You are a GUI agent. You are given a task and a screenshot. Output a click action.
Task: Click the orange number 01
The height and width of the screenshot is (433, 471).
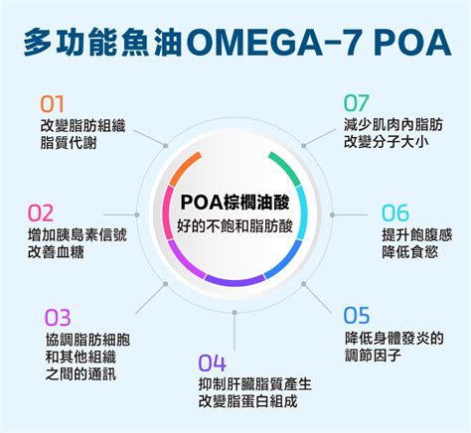click(52, 104)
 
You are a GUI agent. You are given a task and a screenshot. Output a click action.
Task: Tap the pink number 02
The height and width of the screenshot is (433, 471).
click(41, 213)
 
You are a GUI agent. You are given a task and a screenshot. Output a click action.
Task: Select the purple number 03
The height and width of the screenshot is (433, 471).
click(58, 318)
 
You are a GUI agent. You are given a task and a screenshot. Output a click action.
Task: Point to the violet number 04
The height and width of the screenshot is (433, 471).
click(213, 362)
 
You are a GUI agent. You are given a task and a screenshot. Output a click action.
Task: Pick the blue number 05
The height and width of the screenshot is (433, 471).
click(357, 316)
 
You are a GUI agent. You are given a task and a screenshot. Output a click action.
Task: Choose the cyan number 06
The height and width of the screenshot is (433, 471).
click(395, 213)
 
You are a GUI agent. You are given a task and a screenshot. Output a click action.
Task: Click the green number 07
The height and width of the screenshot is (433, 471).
click(356, 103)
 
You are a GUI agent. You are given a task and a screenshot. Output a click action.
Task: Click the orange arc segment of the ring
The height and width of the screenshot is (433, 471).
click(184, 168)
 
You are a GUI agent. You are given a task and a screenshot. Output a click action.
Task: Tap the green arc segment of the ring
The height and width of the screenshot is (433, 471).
click(287, 167)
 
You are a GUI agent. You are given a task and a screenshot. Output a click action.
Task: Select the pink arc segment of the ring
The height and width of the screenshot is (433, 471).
click(167, 212)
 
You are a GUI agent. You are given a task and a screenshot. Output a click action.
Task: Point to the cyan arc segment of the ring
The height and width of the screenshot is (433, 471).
click(302, 212)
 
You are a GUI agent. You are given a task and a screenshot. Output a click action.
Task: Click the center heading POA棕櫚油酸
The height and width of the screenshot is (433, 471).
click(235, 203)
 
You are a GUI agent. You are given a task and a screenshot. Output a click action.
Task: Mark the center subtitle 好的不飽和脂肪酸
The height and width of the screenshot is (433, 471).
click(235, 226)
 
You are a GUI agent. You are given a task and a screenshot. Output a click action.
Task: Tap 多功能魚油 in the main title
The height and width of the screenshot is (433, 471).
click(102, 43)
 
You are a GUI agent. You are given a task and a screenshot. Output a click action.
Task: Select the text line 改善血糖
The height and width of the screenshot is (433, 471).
click(56, 252)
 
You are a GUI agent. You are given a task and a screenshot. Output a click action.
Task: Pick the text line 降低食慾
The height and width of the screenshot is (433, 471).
click(409, 251)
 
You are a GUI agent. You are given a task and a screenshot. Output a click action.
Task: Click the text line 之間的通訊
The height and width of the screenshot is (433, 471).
click(80, 374)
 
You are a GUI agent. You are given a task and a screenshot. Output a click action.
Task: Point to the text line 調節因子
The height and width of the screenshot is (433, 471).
click(373, 356)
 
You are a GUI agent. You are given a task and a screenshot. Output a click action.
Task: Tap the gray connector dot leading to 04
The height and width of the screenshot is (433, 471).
click(235, 313)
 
